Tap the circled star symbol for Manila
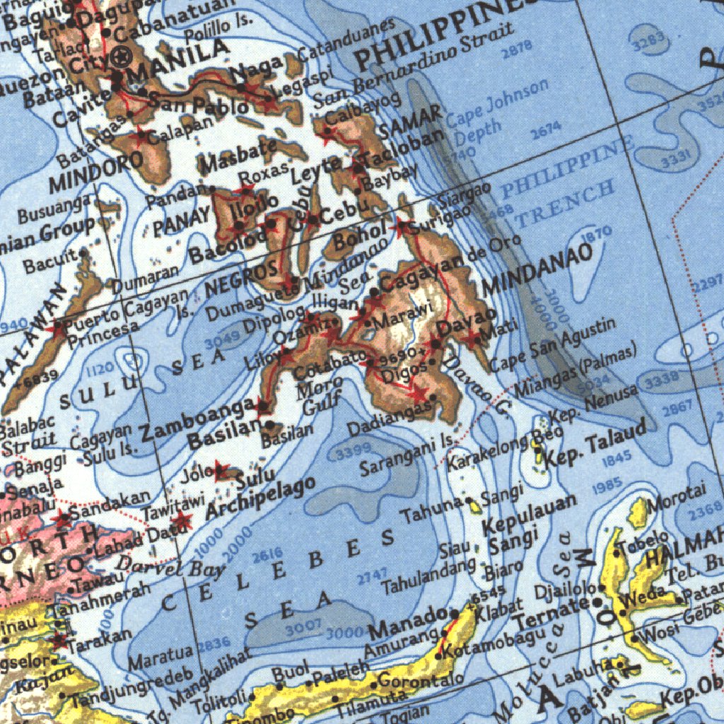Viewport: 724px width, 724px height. (123, 56)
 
